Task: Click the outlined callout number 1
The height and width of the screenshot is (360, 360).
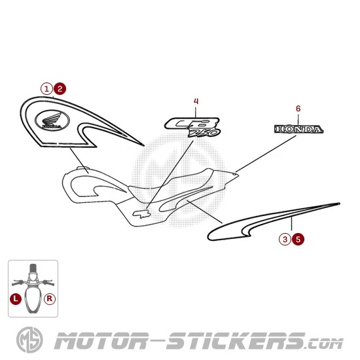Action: pyautogui.click(x=46, y=89)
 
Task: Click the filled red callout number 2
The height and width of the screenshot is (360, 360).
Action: pyautogui.click(x=60, y=89)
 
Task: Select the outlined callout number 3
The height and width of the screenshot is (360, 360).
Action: pyautogui.click(x=285, y=239)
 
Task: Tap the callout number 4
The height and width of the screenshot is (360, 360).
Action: pyautogui.click(x=196, y=101)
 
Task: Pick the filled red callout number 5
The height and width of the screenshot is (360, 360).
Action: pyautogui.click(x=298, y=239)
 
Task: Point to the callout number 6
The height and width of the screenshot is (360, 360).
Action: pyautogui.click(x=298, y=109)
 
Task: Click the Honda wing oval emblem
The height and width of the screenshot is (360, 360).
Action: pyautogui.click(x=52, y=120)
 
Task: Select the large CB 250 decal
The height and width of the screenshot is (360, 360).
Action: pyautogui.click(x=193, y=127)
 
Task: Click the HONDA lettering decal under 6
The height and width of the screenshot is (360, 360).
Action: pyautogui.click(x=299, y=129)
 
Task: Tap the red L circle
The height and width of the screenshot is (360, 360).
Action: pyautogui.click(x=16, y=298)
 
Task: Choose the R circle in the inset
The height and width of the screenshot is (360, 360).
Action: pyautogui.click(x=50, y=298)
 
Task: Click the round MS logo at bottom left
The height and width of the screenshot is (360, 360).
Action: pyautogui.click(x=29, y=340)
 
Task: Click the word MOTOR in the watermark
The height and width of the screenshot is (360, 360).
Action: pyautogui.click(x=101, y=341)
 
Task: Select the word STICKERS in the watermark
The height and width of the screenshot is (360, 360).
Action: pyautogui.click(x=236, y=341)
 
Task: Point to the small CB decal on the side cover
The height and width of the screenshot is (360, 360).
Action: pyautogui.click(x=141, y=214)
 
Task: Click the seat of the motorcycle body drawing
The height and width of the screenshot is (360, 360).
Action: pyautogui.click(x=170, y=186)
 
